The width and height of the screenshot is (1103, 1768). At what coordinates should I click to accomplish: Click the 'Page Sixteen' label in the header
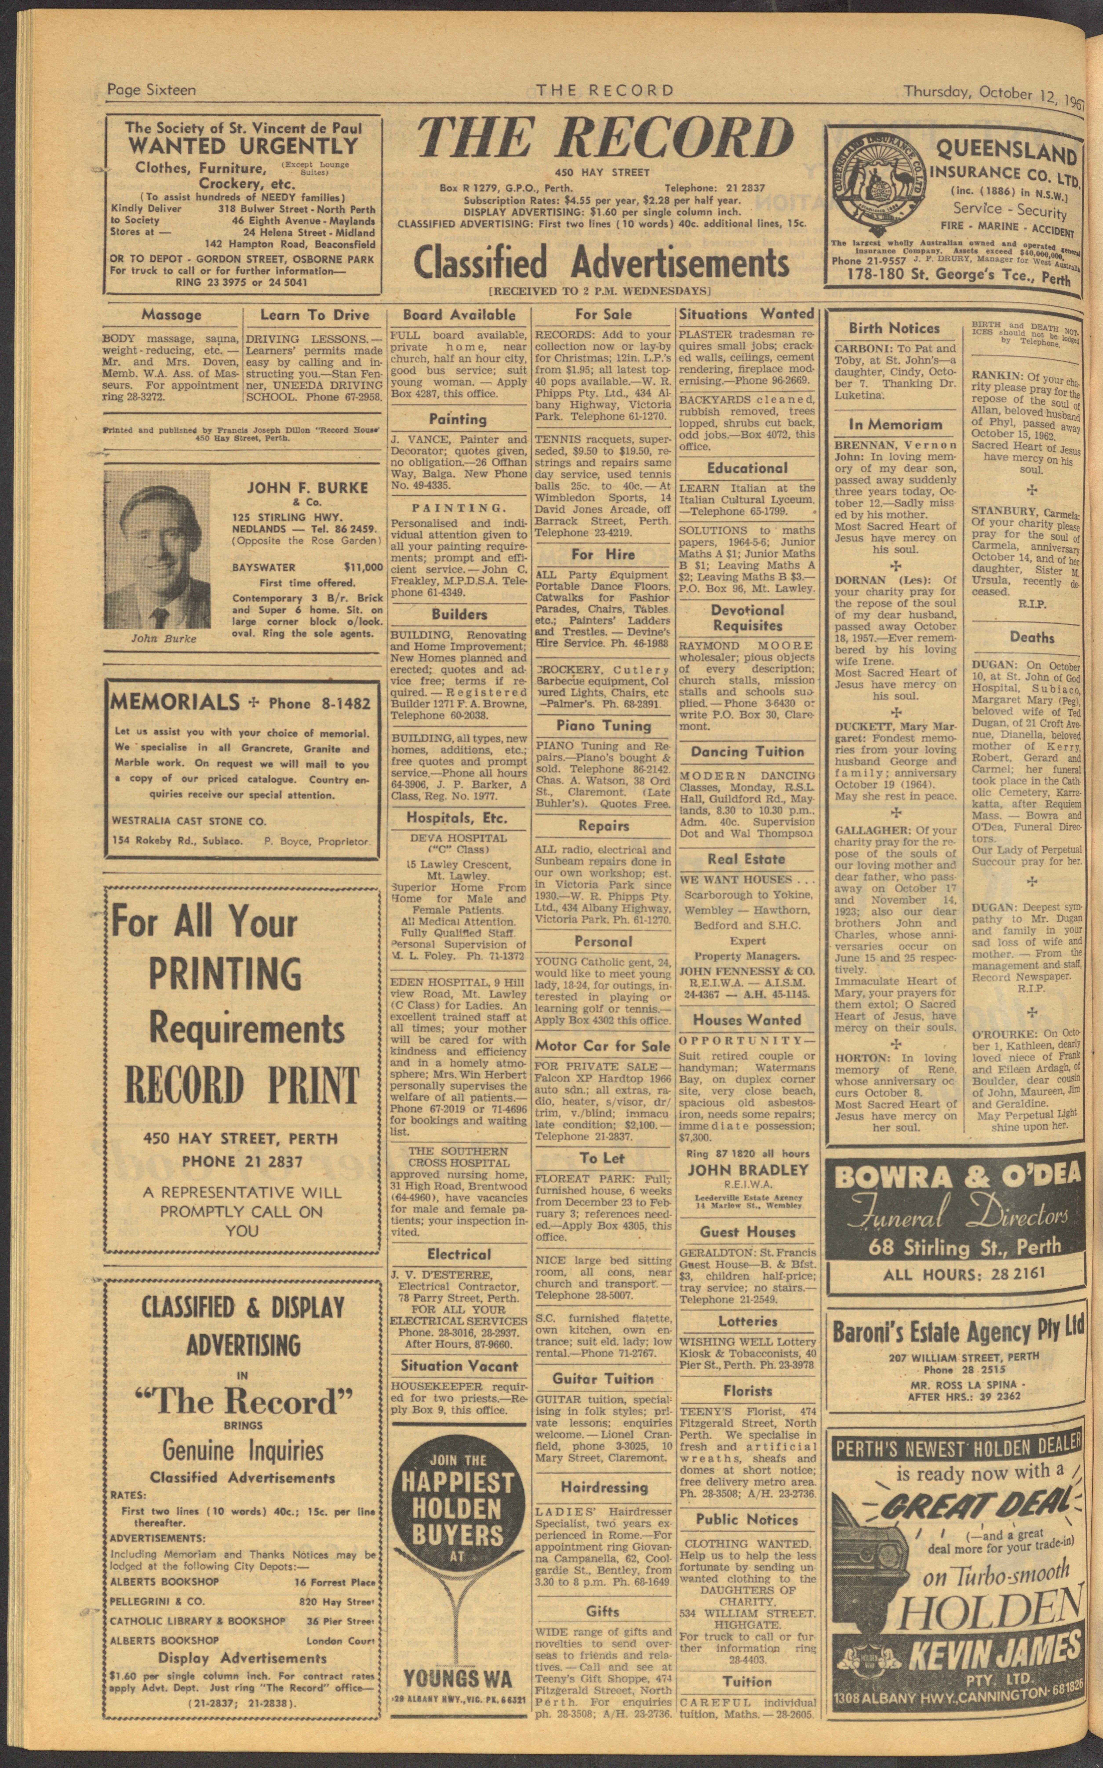(x=151, y=90)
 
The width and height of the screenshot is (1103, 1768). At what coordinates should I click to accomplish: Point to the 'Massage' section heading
(x=171, y=315)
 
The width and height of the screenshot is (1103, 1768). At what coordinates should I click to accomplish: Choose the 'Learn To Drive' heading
(x=314, y=315)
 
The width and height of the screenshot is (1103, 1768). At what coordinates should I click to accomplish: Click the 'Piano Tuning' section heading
(x=603, y=725)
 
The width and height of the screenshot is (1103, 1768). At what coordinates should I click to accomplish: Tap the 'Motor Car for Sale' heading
(x=602, y=1045)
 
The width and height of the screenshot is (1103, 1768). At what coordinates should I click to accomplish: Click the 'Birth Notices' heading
(x=894, y=328)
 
